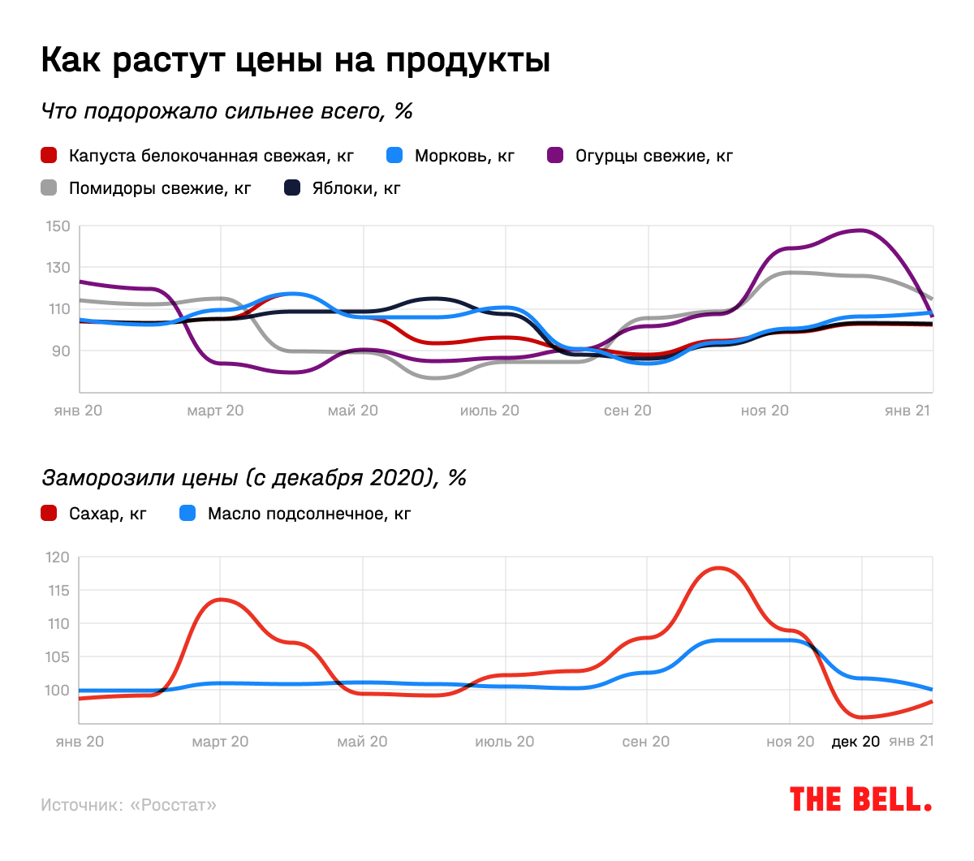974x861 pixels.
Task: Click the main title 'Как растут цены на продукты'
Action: tap(295, 60)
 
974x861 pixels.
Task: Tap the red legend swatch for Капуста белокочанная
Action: tap(50, 155)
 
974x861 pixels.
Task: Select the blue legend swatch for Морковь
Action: tap(394, 155)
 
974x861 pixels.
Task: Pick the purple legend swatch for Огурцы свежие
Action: tap(556, 155)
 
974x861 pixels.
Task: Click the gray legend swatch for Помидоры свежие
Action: tap(50, 188)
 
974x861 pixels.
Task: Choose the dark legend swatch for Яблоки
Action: tap(292, 188)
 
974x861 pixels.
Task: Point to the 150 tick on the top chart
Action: tap(58, 226)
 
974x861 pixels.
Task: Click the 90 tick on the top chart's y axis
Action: tap(61, 351)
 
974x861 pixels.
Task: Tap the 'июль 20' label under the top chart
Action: tap(489, 411)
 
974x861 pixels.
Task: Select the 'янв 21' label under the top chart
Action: tap(907, 411)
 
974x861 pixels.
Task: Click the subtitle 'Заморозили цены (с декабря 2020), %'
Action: tap(253, 477)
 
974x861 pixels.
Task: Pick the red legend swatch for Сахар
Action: tap(50, 513)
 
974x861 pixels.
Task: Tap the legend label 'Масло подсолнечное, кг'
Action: tap(309, 514)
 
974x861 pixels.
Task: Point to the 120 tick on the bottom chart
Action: tap(58, 557)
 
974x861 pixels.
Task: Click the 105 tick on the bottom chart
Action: tap(58, 657)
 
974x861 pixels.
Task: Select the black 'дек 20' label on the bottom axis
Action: tap(855, 742)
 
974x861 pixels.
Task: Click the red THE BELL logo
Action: tap(860, 800)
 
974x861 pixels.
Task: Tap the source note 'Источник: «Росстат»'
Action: tap(129, 805)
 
